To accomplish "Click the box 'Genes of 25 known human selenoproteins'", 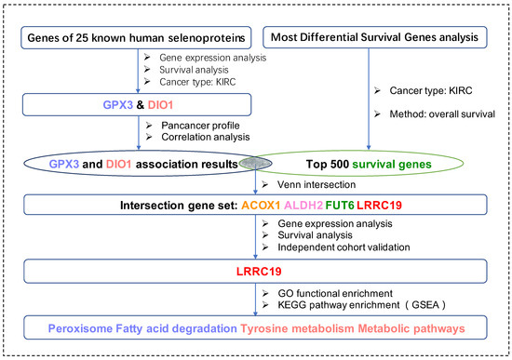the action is pos(136,38).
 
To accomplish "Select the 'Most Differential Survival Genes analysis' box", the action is pos(375,37).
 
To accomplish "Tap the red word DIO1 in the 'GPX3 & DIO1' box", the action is pos(160,105).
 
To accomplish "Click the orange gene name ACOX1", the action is pos(261,205).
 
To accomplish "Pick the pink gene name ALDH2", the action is pos(303,205).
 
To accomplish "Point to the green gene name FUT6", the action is pos(340,205).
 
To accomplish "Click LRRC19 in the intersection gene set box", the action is pos(379,205).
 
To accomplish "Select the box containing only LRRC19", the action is pos(255,272).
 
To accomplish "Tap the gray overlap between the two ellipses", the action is pos(255,163).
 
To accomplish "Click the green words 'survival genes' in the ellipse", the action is pos(392,164).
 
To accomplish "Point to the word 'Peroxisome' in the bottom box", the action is pos(80,328).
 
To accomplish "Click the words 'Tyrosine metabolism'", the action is pos(297,328).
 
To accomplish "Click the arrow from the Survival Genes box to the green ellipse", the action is pos(369,99).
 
